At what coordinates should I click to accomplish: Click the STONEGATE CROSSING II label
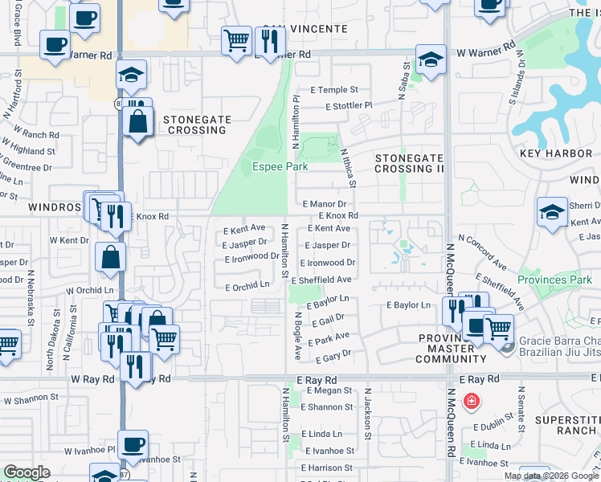410,163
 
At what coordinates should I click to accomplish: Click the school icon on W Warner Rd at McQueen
431,59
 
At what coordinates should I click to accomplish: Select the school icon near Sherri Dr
552,212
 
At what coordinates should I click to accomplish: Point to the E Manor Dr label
325,205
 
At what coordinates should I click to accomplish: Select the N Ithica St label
348,167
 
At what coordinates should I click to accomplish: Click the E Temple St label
331,91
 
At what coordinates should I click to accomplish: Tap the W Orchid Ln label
90,290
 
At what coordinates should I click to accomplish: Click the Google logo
27,472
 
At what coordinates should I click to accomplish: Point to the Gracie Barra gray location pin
506,345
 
